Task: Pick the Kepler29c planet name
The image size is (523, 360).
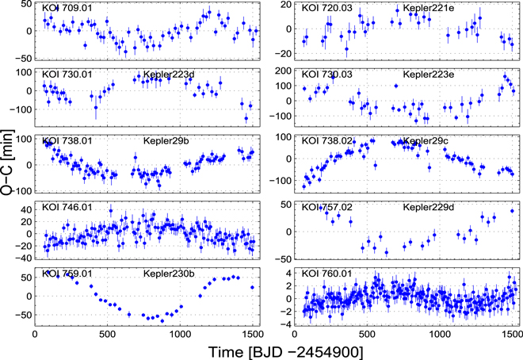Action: (426, 140)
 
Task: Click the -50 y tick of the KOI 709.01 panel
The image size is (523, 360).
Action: (22, 58)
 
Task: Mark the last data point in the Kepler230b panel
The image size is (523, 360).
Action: (252, 288)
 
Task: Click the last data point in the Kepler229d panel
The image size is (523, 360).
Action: (512, 211)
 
